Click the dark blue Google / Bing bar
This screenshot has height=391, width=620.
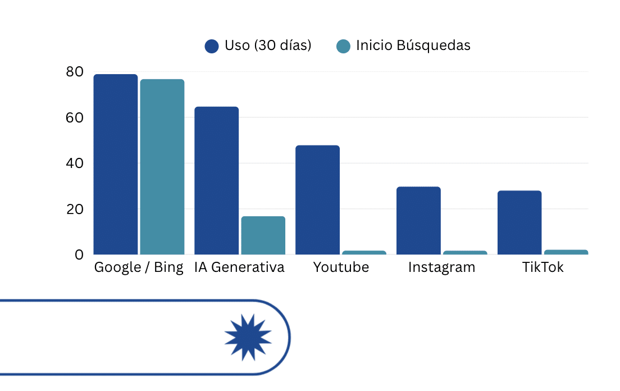click(x=116, y=164)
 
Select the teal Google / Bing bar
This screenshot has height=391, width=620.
click(x=162, y=167)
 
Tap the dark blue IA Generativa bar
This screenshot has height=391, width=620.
click(x=217, y=180)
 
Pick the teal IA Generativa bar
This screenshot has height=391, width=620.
click(x=263, y=235)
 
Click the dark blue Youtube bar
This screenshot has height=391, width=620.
click(x=318, y=200)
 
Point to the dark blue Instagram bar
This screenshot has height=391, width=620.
click(x=418, y=220)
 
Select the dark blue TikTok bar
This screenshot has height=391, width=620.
click(x=519, y=222)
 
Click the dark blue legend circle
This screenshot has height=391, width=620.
click(x=212, y=46)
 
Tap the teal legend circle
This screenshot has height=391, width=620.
click(x=343, y=46)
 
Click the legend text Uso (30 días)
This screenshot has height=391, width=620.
click(x=268, y=46)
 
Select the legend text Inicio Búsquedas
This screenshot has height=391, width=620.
click(x=413, y=46)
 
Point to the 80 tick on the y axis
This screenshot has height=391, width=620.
click(x=74, y=72)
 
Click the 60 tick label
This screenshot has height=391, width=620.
click(x=74, y=118)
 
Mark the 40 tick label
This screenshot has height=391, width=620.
click(x=74, y=163)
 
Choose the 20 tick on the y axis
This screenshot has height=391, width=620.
click(x=74, y=210)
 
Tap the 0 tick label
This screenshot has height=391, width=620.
click(x=79, y=254)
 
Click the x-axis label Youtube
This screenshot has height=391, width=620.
click(x=341, y=267)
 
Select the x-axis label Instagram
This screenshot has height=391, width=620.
click(x=441, y=267)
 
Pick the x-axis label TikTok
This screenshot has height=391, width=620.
click(x=542, y=267)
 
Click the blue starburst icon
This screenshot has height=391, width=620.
click(x=248, y=338)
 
